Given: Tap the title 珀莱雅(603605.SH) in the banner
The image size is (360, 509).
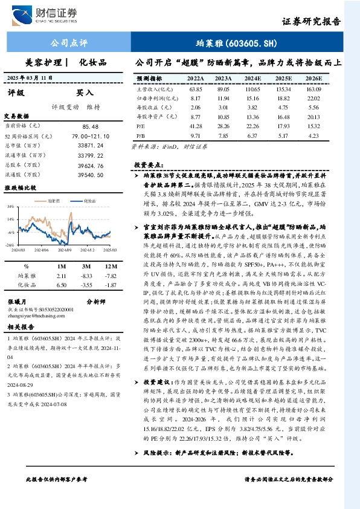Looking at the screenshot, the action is pos(237,43).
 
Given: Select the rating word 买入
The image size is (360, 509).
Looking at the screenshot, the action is pos(85,93).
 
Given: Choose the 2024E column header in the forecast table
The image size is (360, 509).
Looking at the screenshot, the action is pos(252,79).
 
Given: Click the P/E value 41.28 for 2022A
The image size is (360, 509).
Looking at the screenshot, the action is pos(195,125).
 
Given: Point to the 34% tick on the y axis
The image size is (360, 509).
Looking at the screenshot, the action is pos(11,206).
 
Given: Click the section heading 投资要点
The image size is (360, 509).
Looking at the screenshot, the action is pos(147,164).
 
